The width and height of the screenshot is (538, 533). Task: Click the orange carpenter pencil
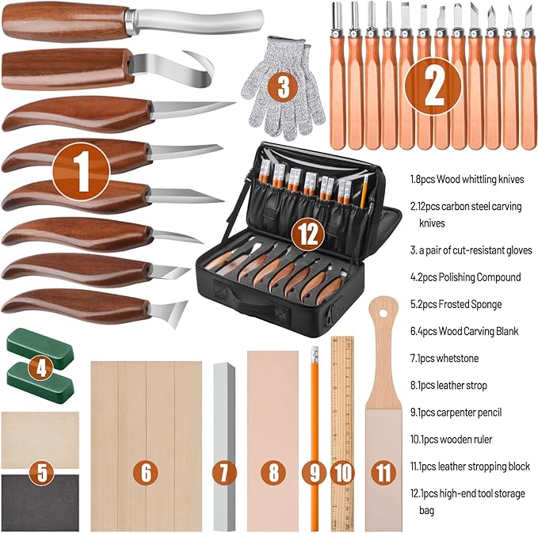click(315, 428)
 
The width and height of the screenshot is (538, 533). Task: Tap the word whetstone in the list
click(459, 358)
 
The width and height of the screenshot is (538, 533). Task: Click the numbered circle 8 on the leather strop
click(273, 473)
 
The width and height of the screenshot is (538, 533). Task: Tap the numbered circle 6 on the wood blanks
click(145, 473)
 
